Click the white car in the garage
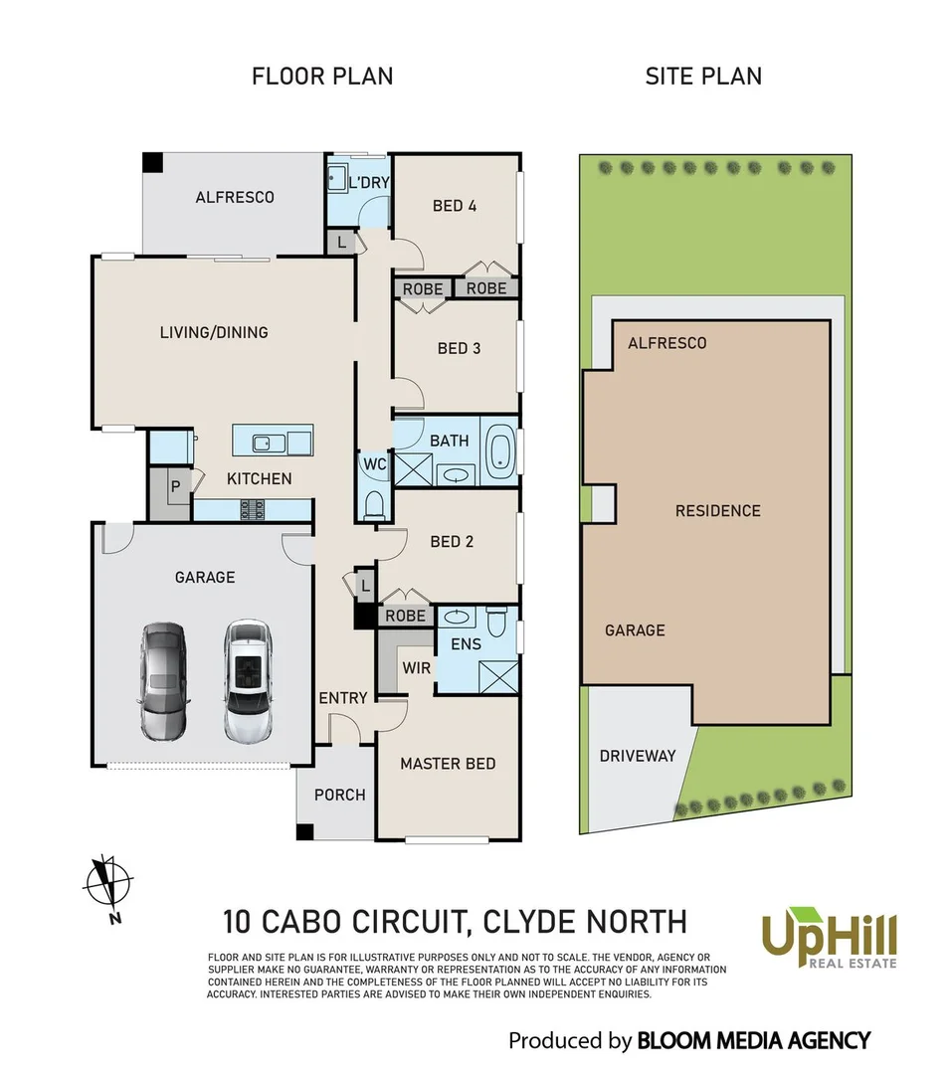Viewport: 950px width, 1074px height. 245,682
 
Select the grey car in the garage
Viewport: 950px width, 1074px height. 163,682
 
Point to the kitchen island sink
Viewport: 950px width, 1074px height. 265,443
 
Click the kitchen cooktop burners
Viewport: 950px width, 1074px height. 252,510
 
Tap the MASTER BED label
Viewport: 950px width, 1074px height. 448,764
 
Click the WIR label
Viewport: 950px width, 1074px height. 417,667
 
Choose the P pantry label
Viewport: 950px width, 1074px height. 175,487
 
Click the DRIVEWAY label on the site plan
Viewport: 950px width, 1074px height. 638,756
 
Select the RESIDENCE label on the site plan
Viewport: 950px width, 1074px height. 717,511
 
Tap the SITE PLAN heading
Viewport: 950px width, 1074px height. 703,76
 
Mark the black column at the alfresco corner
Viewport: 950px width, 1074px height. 151,162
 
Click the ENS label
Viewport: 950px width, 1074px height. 466,644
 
